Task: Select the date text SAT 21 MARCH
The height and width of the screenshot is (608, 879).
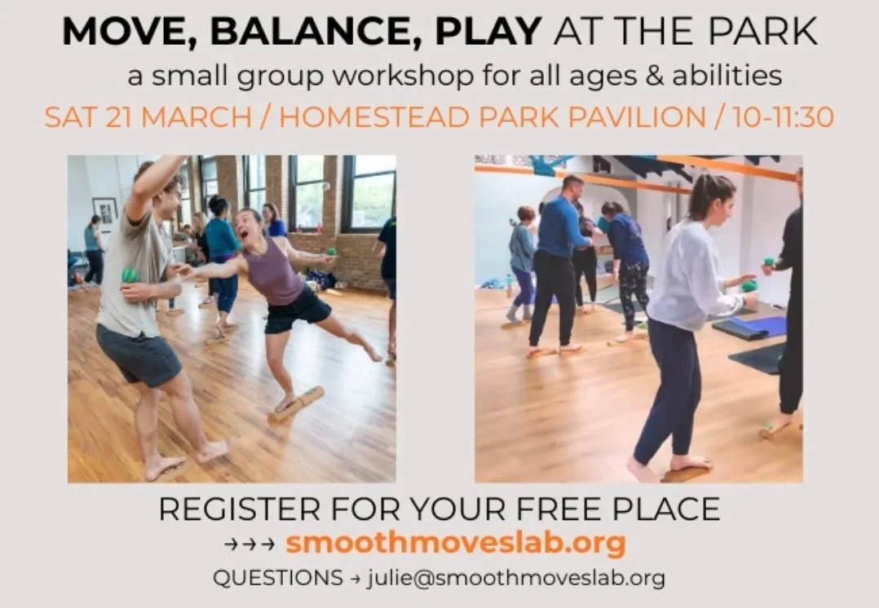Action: (x=148, y=117)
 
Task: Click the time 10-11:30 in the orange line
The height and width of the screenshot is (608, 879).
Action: (x=783, y=117)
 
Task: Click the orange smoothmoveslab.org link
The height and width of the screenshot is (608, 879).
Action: (x=455, y=543)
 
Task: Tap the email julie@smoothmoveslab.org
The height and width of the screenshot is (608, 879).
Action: (x=516, y=578)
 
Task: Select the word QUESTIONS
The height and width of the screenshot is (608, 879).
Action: (x=277, y=578)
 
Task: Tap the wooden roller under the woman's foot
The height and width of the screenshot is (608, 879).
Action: (x=297, y=403)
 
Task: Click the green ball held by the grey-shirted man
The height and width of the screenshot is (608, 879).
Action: (x=130, y=275)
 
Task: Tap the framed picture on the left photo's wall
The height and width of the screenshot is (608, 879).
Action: (x=104, y=214)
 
